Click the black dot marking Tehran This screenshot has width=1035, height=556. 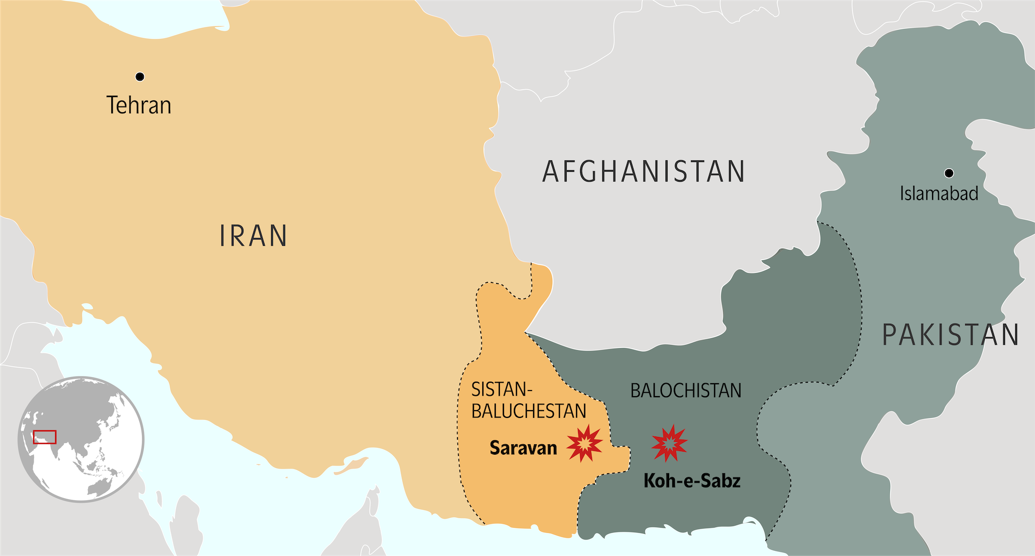140,77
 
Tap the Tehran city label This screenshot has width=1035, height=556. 139,105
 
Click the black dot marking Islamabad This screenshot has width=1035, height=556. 949,173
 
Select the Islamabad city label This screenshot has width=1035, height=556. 939,193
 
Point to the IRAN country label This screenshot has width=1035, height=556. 253,236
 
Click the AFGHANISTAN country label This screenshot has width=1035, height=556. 643,172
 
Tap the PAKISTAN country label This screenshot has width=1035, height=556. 950,335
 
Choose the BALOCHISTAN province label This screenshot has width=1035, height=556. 685,390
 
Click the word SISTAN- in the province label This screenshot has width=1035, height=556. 501,389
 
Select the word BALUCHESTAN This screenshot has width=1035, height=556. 528,411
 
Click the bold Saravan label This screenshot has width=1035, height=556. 523,447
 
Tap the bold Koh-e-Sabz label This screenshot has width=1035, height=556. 691,481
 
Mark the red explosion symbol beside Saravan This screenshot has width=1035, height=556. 585,443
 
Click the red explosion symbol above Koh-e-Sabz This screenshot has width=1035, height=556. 669,443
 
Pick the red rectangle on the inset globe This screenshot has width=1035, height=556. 45,437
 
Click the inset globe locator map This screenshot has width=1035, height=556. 81,439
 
